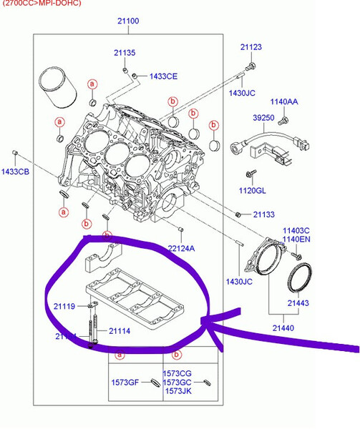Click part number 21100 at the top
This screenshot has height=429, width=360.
click(128, 21)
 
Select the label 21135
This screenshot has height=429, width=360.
click(124, 53)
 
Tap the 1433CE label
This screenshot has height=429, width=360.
click(163, 76)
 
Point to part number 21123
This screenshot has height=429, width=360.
click(250, 47)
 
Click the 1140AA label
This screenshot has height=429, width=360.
click(284, 102)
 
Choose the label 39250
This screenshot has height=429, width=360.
click(263, 118)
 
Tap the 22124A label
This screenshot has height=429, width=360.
click(181, 247)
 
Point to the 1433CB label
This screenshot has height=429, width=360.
click(14, 172)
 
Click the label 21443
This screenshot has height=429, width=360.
click(298, 303)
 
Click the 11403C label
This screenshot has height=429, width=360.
click(296, 230)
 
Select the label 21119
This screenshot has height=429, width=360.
click(64, 306)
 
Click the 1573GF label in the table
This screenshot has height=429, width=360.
click(124, 383)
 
